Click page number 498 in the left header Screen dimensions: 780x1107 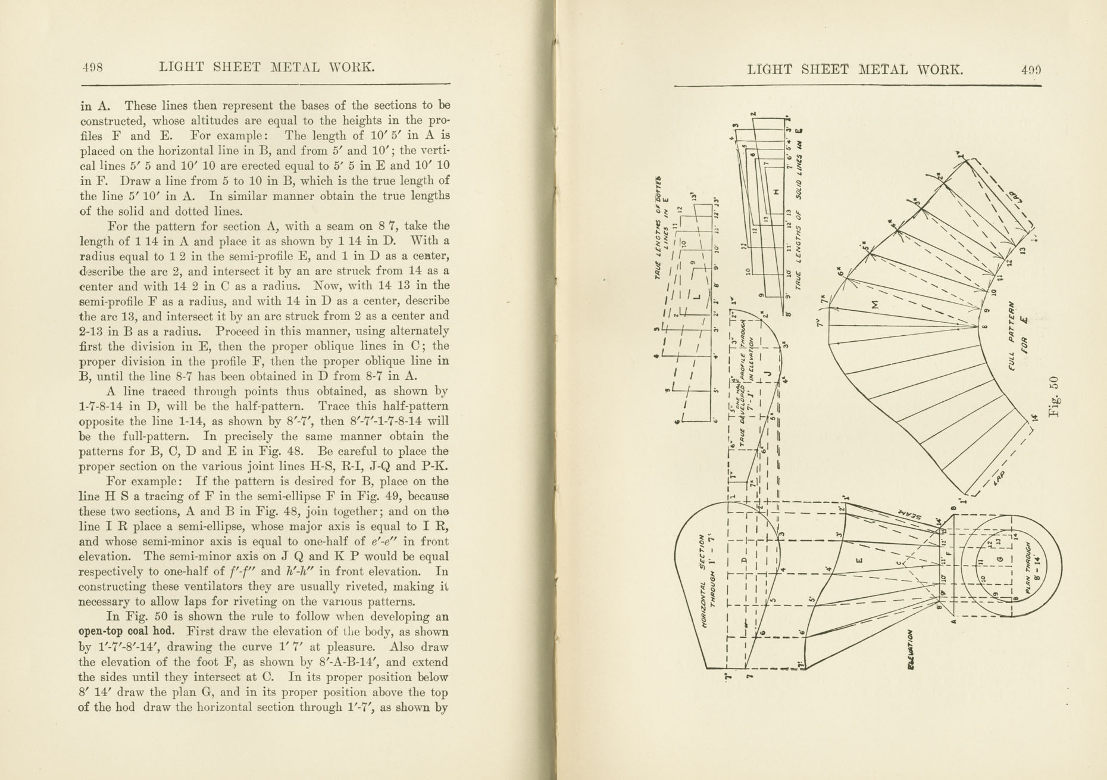click(x=92, y=67)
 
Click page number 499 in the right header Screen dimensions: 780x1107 click(x=1031, y=70)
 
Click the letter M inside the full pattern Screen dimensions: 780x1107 click(x=874, y=304)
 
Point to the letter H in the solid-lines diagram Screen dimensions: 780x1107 click(x=776, y=192)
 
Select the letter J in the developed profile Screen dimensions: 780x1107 click(x=769, y=374)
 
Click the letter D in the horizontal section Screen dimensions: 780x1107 click(x=743, y=560)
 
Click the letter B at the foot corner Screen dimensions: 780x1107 click(x=954, y=508)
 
